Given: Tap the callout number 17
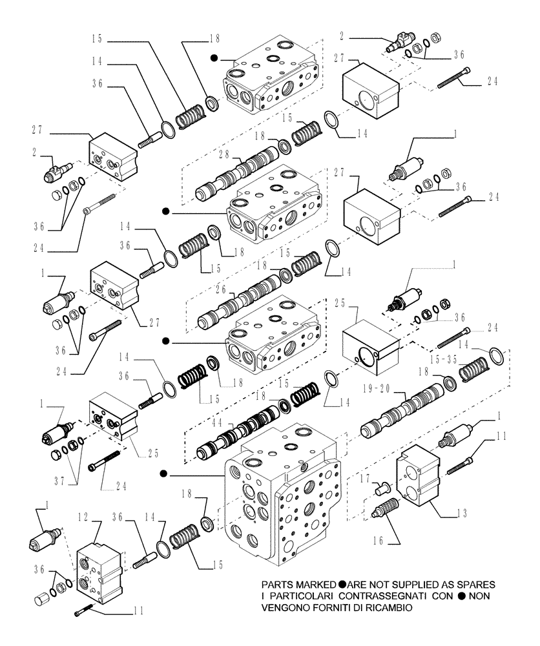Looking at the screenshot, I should (365, 478).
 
